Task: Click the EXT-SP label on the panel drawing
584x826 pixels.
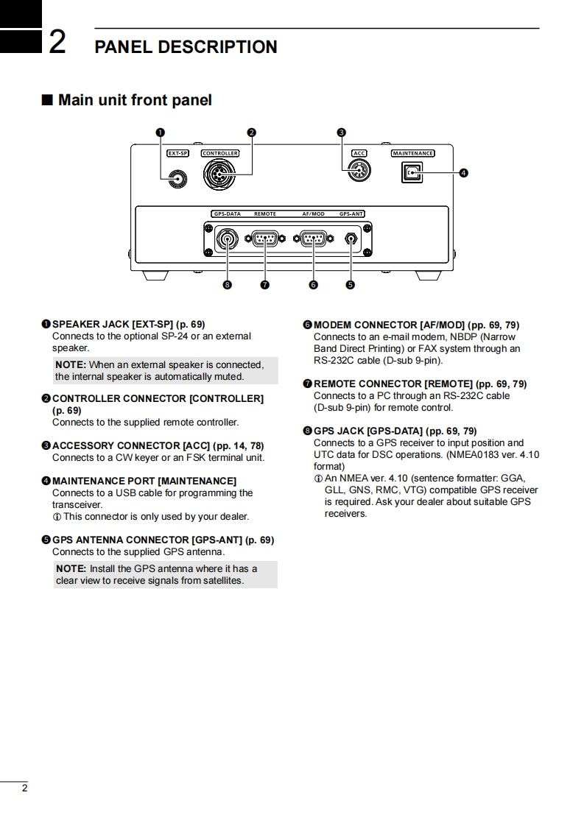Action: (x=177, y=153)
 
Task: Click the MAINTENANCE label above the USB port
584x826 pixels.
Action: (x=412, y=153)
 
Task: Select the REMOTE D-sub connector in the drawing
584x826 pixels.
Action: (x=264, y=238)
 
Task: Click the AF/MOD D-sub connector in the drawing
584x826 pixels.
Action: (x=314, y=238)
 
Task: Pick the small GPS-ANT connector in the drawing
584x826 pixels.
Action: (x=351, y=238)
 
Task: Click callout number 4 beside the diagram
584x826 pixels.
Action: (x=463, y=173)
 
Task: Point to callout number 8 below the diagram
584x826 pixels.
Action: (x=227, y=285)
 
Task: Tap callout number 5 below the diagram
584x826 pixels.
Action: (x=351, y=285)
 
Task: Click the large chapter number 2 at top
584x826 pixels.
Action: (x=57, y=43)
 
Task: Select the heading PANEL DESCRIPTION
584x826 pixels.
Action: (x=186, y=47)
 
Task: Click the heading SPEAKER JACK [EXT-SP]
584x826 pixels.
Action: (x=129, y=324)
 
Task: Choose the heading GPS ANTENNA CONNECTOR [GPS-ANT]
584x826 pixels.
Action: (x=163, y=540)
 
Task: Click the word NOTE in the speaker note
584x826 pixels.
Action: (x=71, y=364)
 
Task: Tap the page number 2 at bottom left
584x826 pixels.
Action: (x=24, y=788)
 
